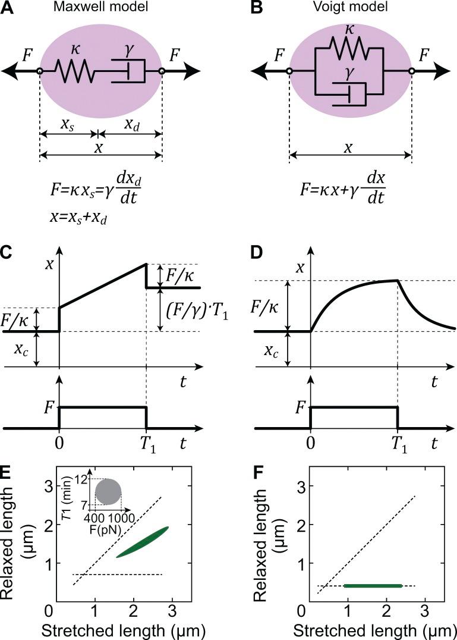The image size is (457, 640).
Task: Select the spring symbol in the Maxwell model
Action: pos(75,71)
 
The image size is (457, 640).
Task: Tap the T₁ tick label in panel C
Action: pos(146,444)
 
